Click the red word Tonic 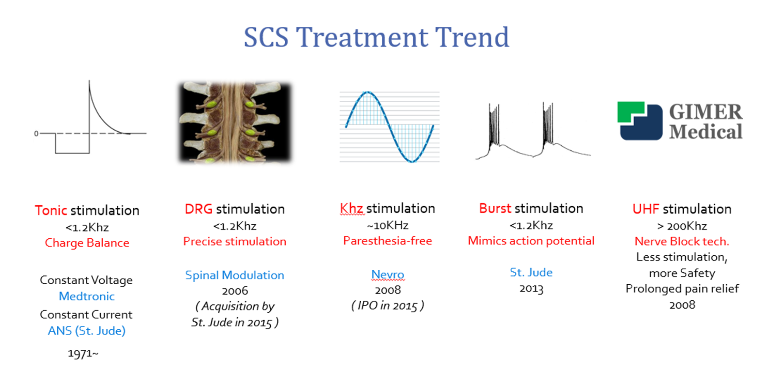51,211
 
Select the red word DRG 198,209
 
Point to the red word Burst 495,208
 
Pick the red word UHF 646,209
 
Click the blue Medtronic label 87,296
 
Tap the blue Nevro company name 388,275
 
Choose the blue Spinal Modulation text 234,275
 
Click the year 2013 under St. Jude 531,289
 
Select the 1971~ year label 83,353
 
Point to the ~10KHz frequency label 388,226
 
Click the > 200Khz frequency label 682,226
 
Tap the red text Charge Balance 87,243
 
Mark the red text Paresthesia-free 388,241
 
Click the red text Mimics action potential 531,241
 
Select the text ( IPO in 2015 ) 388,306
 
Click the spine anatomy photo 235,122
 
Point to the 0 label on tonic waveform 36,134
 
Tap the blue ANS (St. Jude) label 87,331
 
